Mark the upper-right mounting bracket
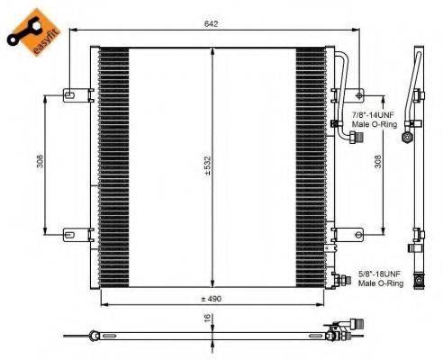pyautogui.click(x=348, y=93)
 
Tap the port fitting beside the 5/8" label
pyautogui.click(x=340, y=280)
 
